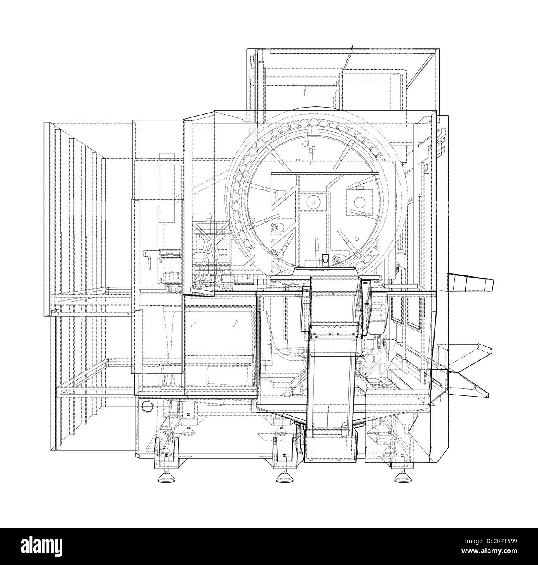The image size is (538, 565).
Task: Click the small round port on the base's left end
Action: pyautogui.click(x=146, y=407)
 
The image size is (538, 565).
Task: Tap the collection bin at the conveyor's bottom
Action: pyautogui.click(x=330, y=445)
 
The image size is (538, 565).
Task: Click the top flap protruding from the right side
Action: pyautogui.click(x=472, y=284)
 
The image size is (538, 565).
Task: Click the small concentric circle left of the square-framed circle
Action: pyautogui.click(x=313, y=202)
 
